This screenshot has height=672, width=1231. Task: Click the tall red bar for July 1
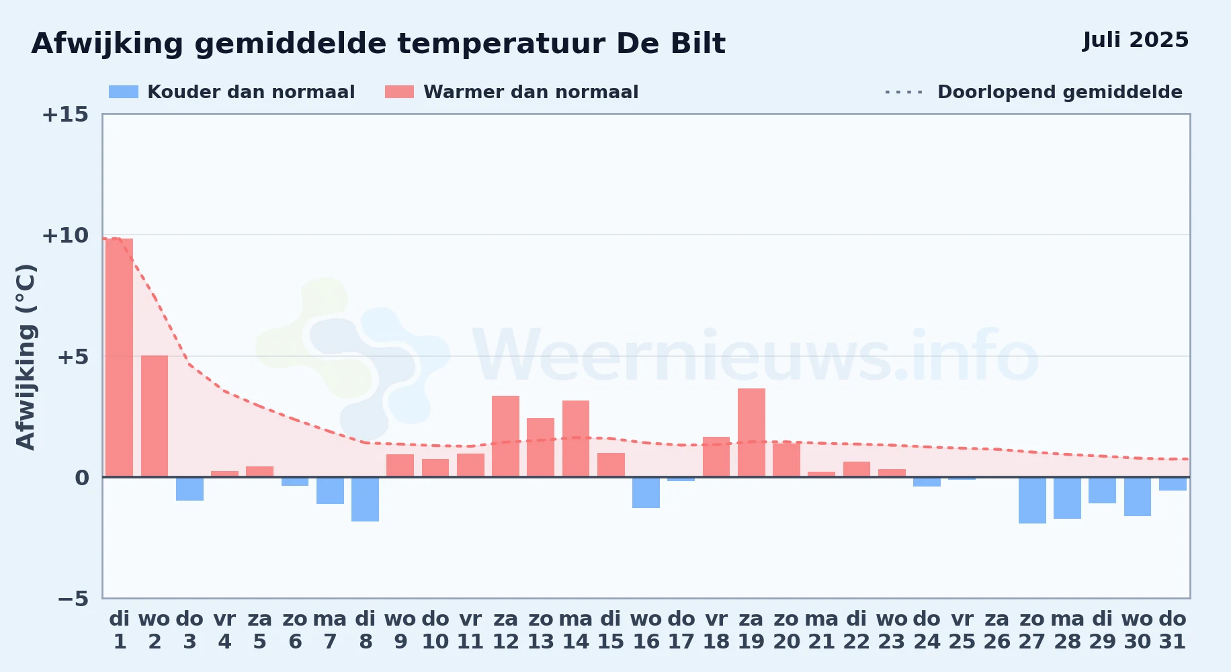(120, 358)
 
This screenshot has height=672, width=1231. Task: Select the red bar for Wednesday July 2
(155, 416)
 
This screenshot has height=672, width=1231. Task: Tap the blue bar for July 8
(365, 499)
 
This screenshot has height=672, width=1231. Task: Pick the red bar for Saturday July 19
(751, 433)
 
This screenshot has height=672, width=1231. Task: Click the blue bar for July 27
(1032, 500)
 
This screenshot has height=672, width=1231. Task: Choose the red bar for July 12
(505, 436)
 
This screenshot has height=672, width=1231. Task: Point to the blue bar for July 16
(646, 493)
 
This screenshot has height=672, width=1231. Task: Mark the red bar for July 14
(576, 439)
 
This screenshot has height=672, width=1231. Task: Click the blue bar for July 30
(1138, 497)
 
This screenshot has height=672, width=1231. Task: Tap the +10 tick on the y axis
(65, 235)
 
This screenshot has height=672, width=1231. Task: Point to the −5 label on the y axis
(73, 598)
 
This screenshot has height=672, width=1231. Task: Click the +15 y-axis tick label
(65, 114)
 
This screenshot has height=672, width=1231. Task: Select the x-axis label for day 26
(997, 630)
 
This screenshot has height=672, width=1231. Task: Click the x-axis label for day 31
(1173, 630)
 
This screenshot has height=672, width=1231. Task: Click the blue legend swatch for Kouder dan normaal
(124, 92)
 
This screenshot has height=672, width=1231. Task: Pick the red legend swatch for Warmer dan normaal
(399, 92)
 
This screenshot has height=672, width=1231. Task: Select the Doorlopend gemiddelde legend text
(1060, 92)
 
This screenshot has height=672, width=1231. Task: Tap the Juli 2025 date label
(1136, 40)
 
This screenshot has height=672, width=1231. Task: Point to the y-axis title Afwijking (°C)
(26, 356)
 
